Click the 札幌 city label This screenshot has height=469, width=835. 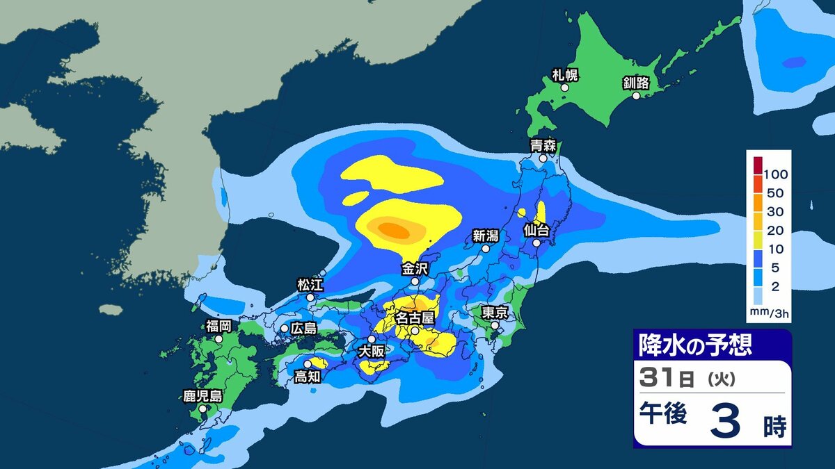[x=565, y=75]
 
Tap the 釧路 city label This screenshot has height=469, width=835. [x=636, y=83]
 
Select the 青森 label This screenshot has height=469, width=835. [x=543, y=146]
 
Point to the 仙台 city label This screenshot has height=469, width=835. [x=537, y=229]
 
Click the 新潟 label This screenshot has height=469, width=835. [x=486, y=235]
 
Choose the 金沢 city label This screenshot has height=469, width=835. [x=415, y=268]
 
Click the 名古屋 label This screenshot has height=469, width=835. [x=415, y=318]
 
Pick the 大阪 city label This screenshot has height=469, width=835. [x=370, y=352]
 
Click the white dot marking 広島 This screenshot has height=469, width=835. [x=285, y=328]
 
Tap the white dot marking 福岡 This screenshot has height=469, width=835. [x=218, y=339]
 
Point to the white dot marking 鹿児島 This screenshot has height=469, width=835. [x=202, y=409]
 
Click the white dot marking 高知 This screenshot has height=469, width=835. [x=307, y=363]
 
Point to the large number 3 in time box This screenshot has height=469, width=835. [x=725, y=423]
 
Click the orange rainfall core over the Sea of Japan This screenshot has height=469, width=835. [x=394, y=229]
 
